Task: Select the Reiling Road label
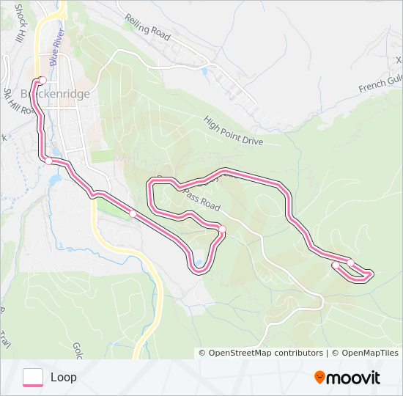pyautogui.click(x=147, y=24)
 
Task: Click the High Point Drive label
pyautogui.click(x=232, y=131)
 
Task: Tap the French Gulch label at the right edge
pyautogui.click(x=380, y=86)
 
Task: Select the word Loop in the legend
pyautogui.click(x=64, y=378)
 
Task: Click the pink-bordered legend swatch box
pyautogui.click(x=33, y=377)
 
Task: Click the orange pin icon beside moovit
pyautogui.click(x=319, y=377)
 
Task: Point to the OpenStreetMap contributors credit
pyautogui.click(x=265, y=353)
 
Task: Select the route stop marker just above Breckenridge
pyautogui.click(x=42, y=80)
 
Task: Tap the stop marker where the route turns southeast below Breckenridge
pyautogui.click(x=48, y=161)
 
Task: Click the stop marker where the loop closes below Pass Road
pyautogui.click(x=222, y=229)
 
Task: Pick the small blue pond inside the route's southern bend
pyautogui.click(x=198, y=263)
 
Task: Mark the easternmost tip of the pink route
pyautogui.click(x=372, y=275)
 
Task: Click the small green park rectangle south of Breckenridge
pyautogui.click(x=103, y=155)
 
